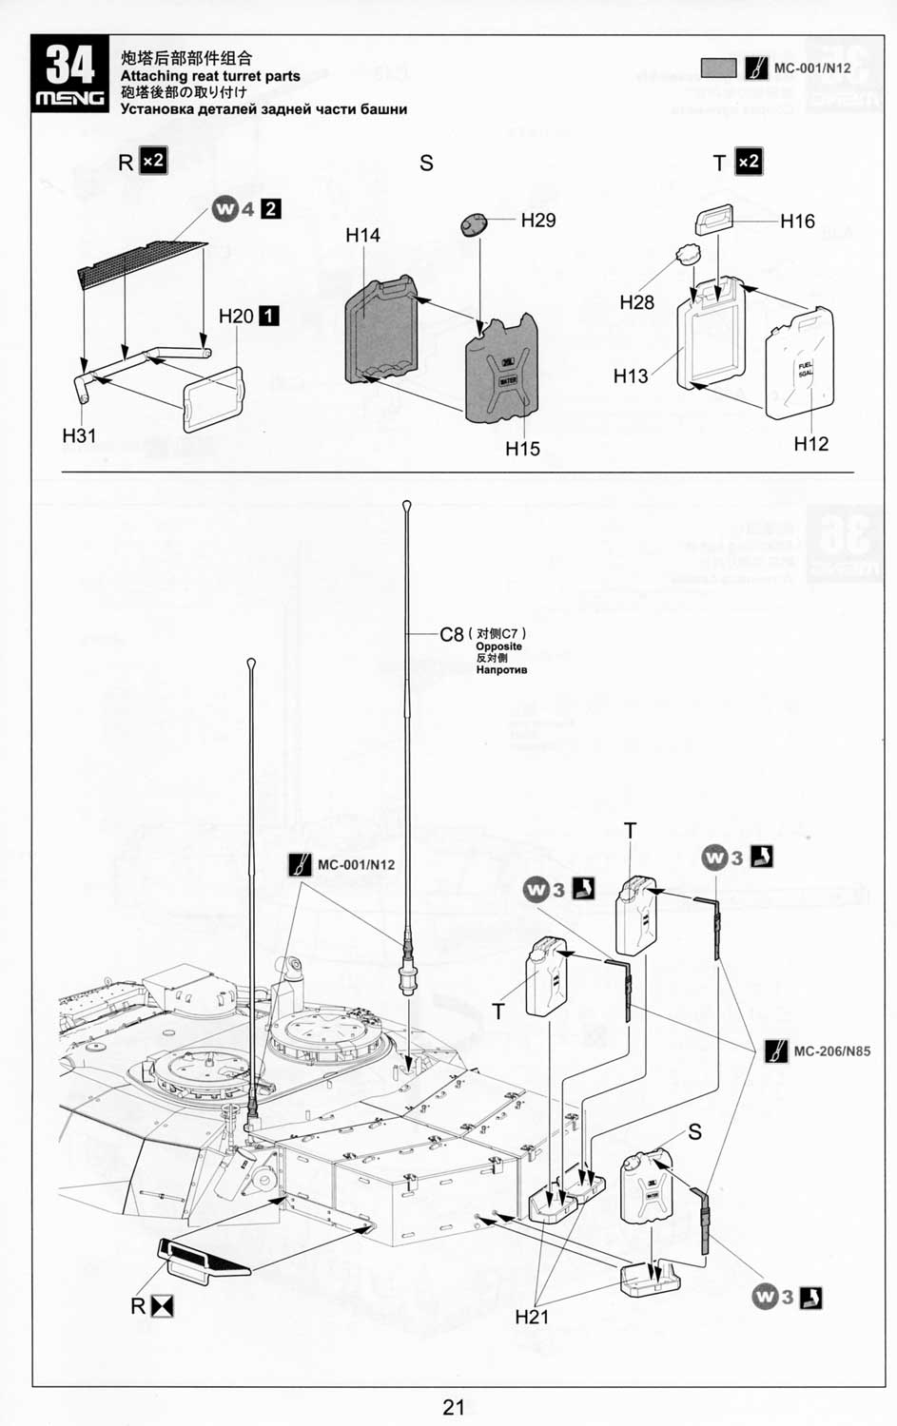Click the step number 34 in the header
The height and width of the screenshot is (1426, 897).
[70, 66]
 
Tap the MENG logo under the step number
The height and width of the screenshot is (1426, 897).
[70, 99]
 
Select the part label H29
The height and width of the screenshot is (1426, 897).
[537, 221]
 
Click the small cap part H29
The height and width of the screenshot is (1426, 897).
[473, 224]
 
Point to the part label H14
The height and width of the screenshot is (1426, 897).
[362, 235]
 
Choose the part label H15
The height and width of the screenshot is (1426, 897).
[522, 449]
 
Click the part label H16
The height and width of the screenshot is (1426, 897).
[797, 222]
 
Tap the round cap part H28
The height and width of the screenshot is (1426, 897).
[687, 255]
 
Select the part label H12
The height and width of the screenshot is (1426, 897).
[810, 444]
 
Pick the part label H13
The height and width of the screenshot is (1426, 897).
[630, 376]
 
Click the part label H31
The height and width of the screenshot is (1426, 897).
[79, 435]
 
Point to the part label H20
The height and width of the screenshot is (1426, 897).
[236, 316]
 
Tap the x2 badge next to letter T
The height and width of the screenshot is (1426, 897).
[749, 162]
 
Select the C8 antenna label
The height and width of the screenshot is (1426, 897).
[451, 635]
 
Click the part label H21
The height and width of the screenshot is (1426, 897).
[532, 1317]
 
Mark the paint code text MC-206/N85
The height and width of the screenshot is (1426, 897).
[831, 1051]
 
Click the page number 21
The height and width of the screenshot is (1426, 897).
[453, 1406]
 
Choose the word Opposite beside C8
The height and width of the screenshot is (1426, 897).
[498, 646]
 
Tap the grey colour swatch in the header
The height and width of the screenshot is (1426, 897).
[718, 68]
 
